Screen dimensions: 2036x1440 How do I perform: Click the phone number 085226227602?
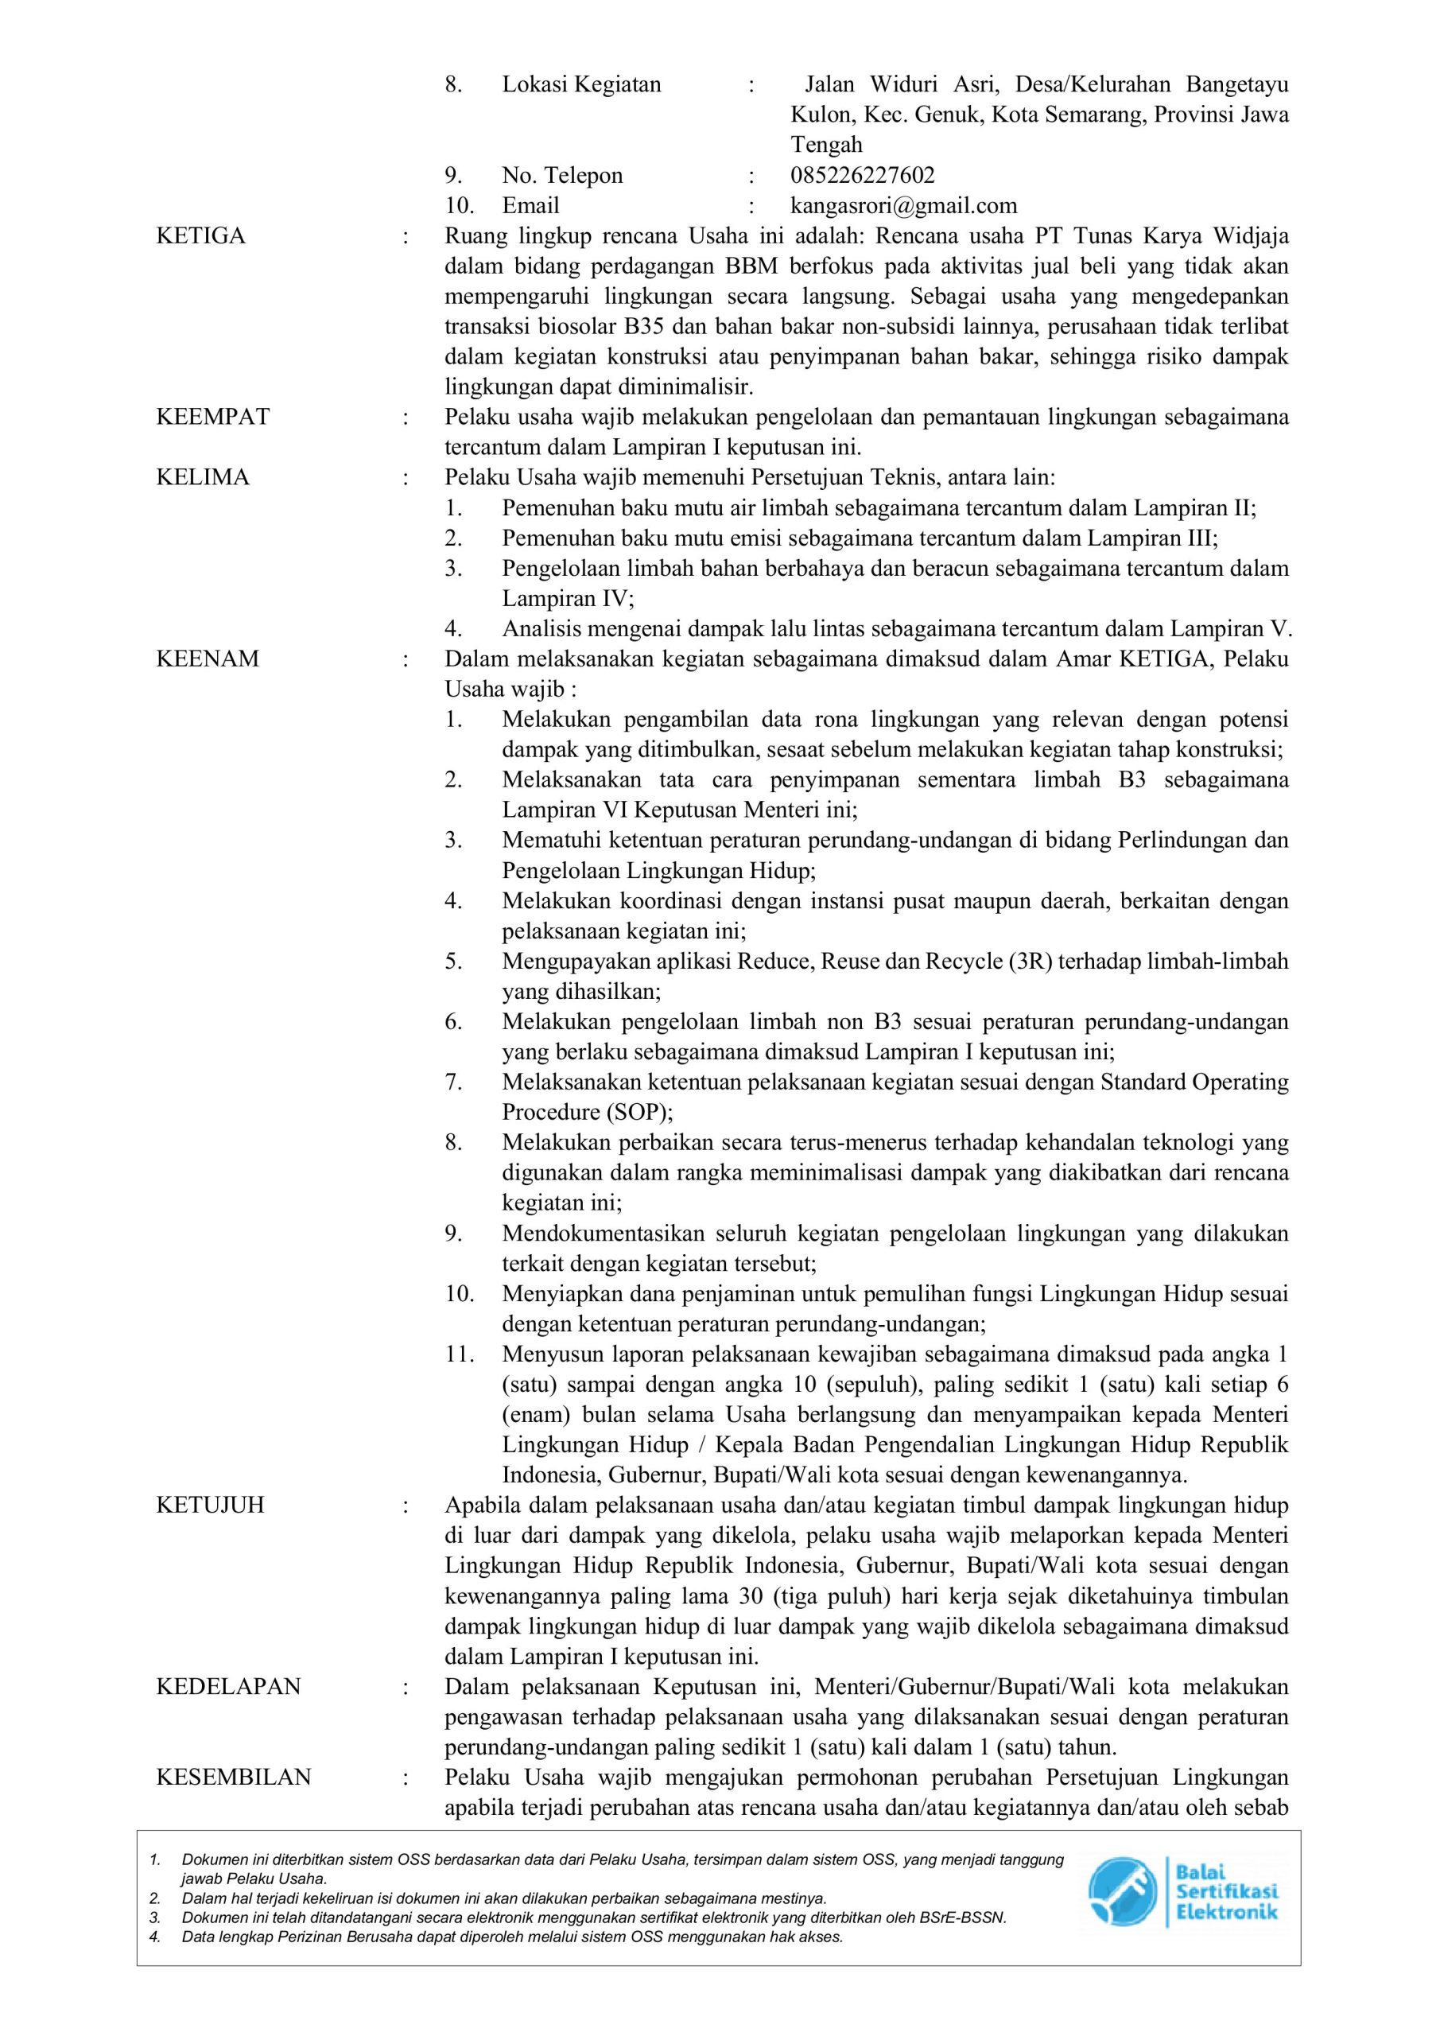click(x=862, y=176)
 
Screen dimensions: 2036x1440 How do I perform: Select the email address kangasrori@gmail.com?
click(x=903, y=206)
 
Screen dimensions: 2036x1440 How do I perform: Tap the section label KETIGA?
click(x=200, y=236)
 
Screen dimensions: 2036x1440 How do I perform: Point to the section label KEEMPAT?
click(x=213, y=417)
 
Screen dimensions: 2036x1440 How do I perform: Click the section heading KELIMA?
click(x=203, y=477)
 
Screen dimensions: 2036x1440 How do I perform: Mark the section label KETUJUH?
click(x=210, y=1505)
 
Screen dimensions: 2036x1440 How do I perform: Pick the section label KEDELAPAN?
click(x=229, y=1686)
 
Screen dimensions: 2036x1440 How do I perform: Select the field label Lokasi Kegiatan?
click(x=582, y=85)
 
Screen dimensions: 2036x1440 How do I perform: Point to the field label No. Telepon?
click(x=562, y=176)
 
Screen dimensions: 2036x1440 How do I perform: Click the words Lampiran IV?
click(x=569, y=599)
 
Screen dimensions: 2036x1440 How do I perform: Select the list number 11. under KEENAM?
click(x=460, y=1354)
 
